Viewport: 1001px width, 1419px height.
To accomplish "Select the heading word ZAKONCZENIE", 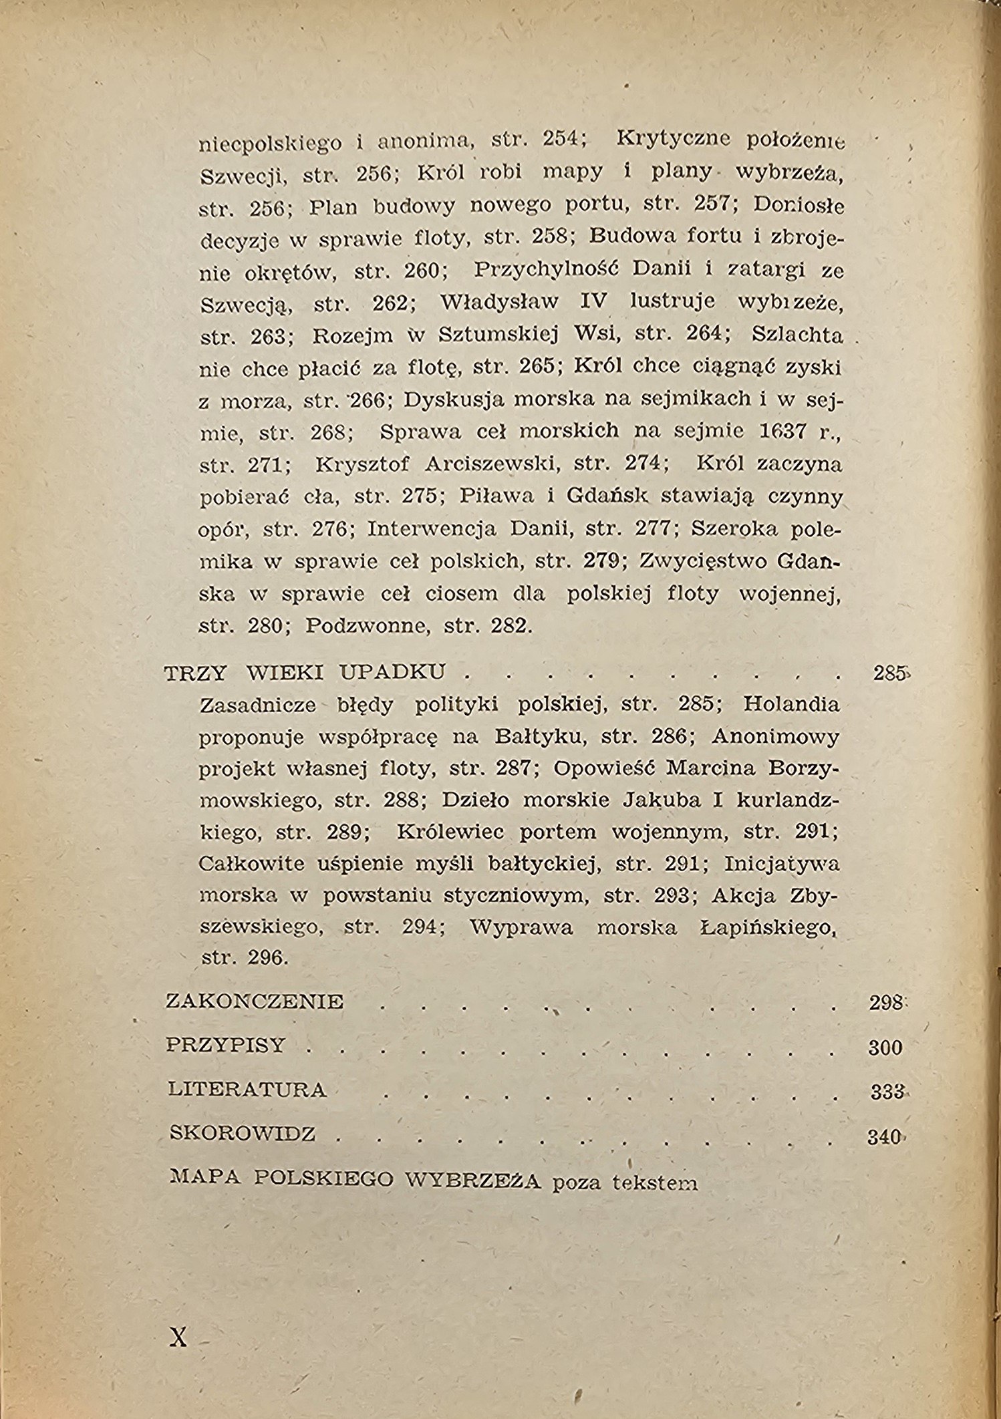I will (x=255, y=1001).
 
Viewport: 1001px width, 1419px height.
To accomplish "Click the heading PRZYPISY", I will (x=226, y=1045).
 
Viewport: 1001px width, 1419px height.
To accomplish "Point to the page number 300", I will (x=885, y=1048).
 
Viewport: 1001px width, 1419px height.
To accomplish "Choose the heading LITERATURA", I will (x=247, y=1090).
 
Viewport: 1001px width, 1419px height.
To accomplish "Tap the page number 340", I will (x=885, y=1136).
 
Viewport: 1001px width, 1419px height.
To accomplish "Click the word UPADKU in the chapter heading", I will (x=392, y=672).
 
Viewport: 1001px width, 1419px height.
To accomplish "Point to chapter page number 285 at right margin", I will (x=889, y=673).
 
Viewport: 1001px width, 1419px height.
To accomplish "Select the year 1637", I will (x=782, y=431).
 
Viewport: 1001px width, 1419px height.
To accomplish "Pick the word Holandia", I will (x=791, y=704).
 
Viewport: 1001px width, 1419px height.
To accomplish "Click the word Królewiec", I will (x=451, y=832).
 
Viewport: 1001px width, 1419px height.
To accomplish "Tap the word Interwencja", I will (x=432, y=529).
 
